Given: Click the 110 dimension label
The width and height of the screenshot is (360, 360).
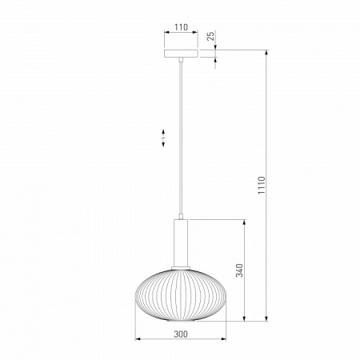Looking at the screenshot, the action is [x=181, y=27].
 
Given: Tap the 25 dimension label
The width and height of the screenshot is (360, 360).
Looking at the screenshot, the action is [x=210, y=36].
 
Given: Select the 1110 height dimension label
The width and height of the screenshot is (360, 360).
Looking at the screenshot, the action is [x=262, y=185].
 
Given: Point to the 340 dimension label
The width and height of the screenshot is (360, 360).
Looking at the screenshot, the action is [x=239, y=270].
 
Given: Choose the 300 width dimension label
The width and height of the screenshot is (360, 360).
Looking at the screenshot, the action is [x=181, y=334].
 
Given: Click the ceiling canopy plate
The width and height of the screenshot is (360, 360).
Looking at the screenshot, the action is [x=181, y=54].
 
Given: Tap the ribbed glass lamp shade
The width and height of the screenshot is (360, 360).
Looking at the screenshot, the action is [x=181, y=295].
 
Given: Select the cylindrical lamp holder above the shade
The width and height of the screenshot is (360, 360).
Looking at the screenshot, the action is [x=181, y=242].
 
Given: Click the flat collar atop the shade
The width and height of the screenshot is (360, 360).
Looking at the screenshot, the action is [x=181, y=268].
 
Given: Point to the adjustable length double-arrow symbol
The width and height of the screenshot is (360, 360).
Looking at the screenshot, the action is [x=163, y=138].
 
